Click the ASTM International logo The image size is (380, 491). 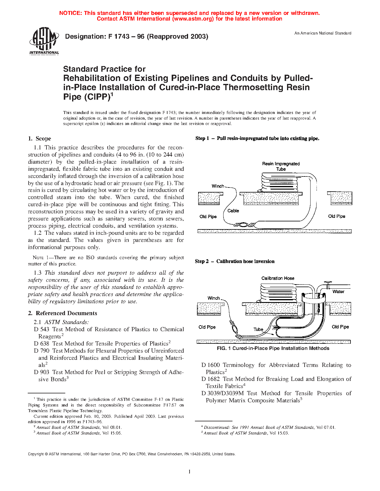pyautogui.click(x=44, y=41)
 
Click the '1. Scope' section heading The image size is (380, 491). pyautogui.click(x=39, y=138)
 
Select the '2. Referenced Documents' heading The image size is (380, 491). pyautogui.click(x=63, y=313)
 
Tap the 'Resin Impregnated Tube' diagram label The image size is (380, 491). pyautogui.click(x=281, y=166)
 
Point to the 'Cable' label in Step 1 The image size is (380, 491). pyautogui.click(x=233, y=211)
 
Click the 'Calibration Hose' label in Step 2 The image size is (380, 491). pyautogui.click(x=278, y=278)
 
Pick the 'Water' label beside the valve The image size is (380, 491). pyautogui.click(x=338, y=292)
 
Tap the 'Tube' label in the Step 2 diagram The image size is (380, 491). pyautogui.click(x=258, y=329)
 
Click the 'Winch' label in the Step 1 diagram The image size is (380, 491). pyautogui.click(x=218, y=186)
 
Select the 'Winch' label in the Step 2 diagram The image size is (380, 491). pyautogui.click(x=214, y=298)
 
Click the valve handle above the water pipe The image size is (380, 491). pyautogui.click(x=328, y=282)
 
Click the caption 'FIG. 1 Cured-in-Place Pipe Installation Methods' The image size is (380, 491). pyautogui.click(x=273, y=348)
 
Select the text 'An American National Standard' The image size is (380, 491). pyautogui.click(x=323, y=33)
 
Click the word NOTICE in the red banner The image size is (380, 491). pyautogui.click(x=70, y=13)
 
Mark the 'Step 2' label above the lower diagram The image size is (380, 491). pyautogui.click(x=202, y=262)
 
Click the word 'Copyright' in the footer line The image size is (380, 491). pyautogui.click(x=36, y=454)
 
